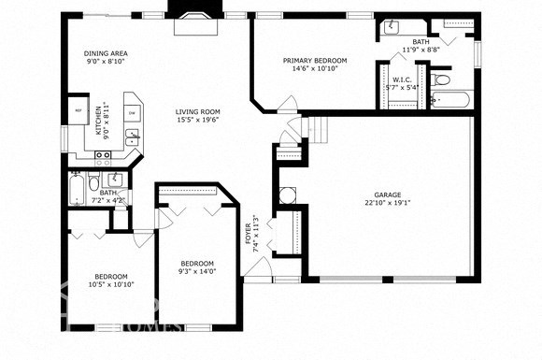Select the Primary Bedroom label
315,61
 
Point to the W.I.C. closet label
403,79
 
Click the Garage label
388,195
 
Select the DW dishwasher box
132,114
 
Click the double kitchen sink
132,139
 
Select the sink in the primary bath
392,27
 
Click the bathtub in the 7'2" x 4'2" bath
76,190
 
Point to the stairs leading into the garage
320,128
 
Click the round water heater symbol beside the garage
288,195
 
